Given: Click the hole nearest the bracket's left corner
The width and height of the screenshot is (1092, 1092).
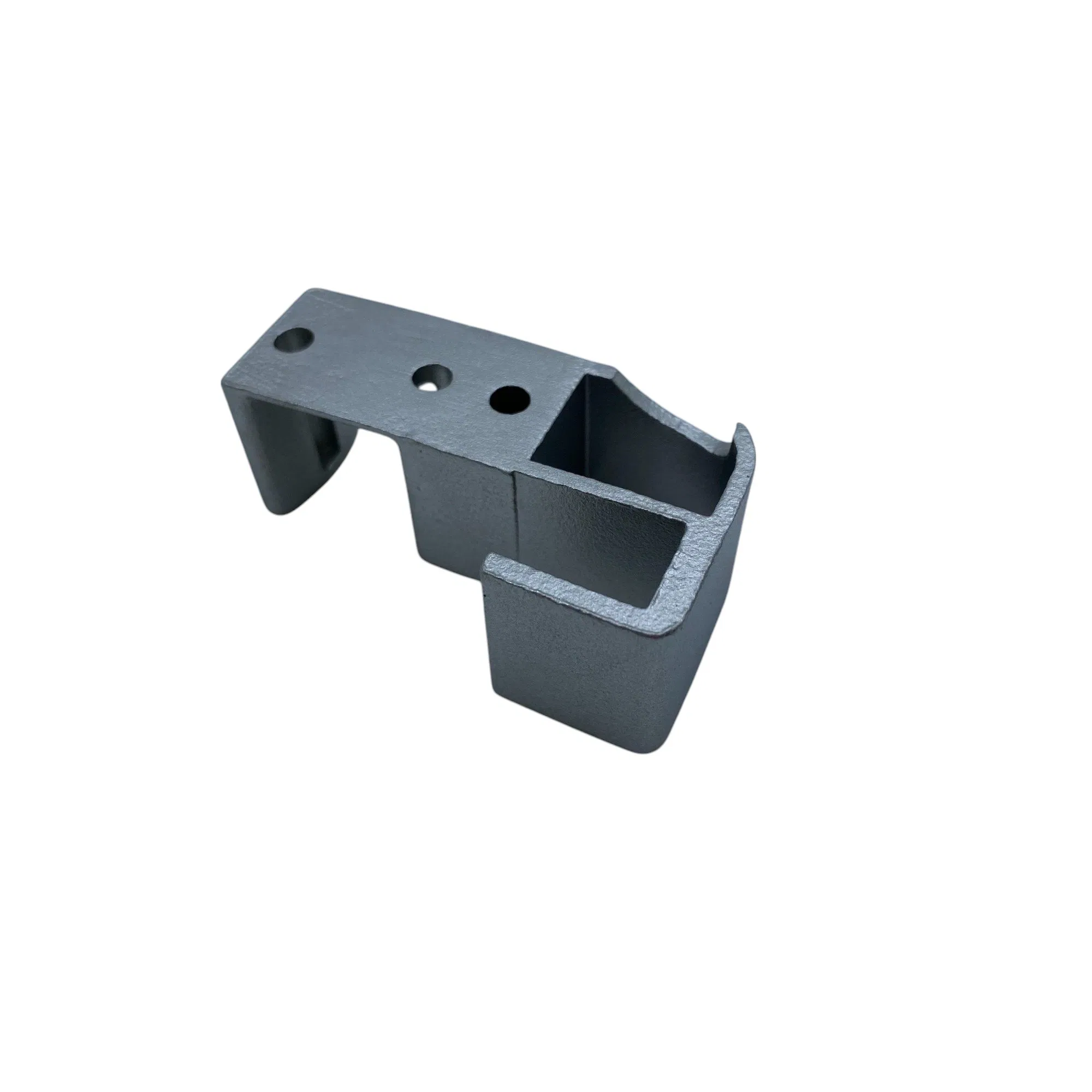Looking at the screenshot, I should click(293, 340).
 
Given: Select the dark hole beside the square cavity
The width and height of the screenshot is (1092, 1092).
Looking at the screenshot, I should click(510, 399).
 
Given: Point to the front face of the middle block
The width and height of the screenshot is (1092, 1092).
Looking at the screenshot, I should click(458, 509).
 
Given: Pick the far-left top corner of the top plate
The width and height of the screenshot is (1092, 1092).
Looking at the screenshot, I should click(308, 293).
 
